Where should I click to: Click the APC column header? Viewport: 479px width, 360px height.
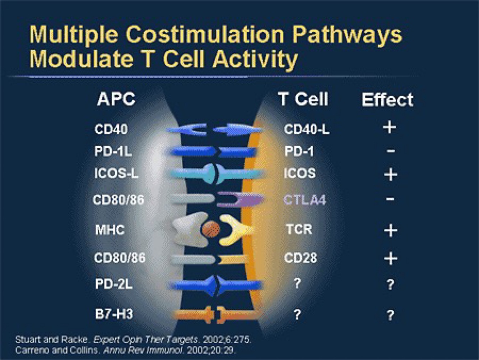point(116,99)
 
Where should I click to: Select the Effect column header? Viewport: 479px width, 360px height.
point(387,100)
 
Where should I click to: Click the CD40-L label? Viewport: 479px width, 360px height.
point(307,129)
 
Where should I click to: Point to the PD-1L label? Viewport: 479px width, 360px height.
point(113,151)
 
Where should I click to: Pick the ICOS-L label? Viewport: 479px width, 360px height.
point(116,174)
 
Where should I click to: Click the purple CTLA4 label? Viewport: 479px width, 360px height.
point(304,199)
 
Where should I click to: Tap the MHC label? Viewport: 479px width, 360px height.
point(110,230)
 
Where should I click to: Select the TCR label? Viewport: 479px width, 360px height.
point(299,229)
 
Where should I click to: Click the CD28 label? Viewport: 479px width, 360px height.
point(301,258)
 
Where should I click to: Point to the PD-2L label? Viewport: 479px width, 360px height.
point(114,284)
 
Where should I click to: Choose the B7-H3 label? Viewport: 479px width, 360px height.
point(114,314)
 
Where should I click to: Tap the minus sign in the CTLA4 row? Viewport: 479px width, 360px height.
point(390,199)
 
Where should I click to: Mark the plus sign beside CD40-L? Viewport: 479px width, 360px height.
point(390,127)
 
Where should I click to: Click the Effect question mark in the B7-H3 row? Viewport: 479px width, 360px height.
point(390,315)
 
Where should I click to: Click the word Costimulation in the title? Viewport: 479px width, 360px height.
point(205,34)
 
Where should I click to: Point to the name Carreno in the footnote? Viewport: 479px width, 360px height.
point(32,350)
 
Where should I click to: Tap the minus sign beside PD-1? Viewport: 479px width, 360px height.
point(391,151)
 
